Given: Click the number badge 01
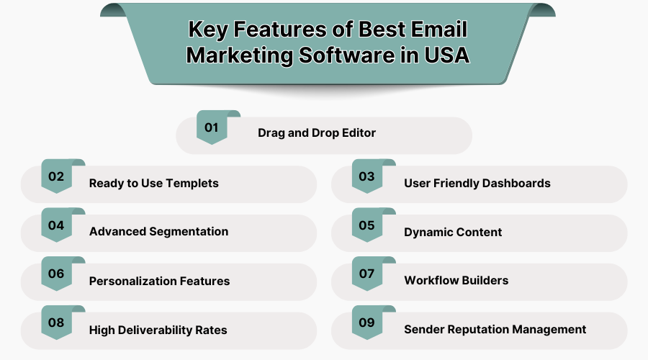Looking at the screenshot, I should pos(212,128).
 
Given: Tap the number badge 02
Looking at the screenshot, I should pos(56,177).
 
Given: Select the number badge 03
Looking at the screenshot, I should pos(367,177).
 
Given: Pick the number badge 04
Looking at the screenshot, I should pos(56,225).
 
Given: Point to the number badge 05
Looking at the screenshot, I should pos(367,225).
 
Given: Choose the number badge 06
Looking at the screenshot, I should pos(56,274).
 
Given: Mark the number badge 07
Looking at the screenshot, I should pos(367,274).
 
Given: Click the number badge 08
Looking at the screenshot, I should pos(56,323).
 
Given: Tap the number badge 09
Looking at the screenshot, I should pos(367,323).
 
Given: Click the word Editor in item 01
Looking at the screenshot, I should pos(357,133).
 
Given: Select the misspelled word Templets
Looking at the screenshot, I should pos(192,183).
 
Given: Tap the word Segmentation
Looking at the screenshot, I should pos(189,232).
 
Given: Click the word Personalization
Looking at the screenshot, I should pos(133,281).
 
